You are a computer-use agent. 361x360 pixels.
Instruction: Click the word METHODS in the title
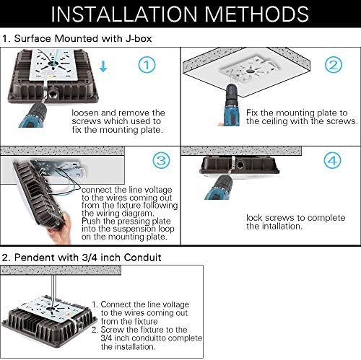point(257,14)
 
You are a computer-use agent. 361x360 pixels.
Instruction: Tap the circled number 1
point(147,65)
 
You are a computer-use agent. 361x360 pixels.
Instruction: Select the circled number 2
point(334,65)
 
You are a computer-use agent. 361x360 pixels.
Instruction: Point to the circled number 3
point(161,160)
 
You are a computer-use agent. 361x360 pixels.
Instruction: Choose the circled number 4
point(332,160)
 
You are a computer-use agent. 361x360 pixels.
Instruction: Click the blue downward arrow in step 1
point(103,66)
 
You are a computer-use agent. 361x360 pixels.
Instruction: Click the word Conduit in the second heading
point(143,258)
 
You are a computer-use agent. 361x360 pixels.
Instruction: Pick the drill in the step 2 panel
point(231,105)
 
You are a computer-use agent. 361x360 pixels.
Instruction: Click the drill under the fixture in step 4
point(219,185)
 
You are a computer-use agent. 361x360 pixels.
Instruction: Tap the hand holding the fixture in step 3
point(60,229)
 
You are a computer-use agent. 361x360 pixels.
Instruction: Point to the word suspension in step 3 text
point(132,229)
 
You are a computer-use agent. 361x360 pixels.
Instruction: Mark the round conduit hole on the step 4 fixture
point(240,164)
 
